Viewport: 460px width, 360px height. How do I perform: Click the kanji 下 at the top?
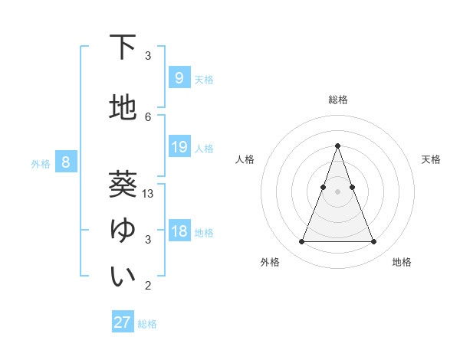123,47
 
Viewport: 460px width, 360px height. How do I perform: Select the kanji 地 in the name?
123,108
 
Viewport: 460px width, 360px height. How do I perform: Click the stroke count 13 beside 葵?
148,194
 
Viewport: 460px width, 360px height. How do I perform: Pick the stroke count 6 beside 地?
148,116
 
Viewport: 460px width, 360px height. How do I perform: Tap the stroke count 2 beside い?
148,286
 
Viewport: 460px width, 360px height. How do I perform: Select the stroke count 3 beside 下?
148,56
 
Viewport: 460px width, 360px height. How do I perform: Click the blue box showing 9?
179,77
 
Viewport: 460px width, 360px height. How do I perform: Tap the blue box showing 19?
179,147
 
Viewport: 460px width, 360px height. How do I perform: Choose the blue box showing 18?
179,231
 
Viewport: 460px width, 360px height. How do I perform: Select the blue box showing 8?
66,162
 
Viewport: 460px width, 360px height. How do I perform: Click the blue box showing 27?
123,322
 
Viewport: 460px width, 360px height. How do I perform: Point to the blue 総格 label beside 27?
147,324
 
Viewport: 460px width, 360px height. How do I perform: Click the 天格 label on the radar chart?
431,159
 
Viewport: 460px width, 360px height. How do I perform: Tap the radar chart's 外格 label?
270,262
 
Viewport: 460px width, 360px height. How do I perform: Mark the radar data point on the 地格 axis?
373,242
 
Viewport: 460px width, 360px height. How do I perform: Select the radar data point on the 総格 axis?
337,146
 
